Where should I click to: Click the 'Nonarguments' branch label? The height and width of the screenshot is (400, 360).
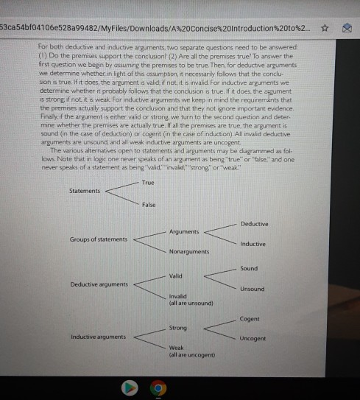(x=189, y=251)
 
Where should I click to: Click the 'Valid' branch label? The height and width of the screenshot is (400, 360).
(x=175, y=276)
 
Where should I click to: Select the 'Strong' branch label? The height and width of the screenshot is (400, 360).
(x=177, y=326)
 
